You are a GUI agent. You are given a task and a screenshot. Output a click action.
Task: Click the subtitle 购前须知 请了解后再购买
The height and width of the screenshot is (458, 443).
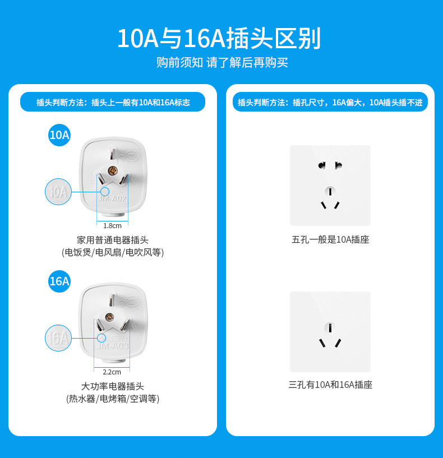[x=222, y=63]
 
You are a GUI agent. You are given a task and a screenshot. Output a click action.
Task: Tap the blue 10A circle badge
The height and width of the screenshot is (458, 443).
[x=59, y=135]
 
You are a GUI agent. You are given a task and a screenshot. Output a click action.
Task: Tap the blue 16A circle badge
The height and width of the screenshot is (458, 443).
[x=59, y=281]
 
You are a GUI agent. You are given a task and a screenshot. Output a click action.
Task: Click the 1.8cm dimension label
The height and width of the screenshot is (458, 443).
[x=112, y=226]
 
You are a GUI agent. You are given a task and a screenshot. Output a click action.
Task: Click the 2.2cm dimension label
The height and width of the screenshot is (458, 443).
[x=112, y=372]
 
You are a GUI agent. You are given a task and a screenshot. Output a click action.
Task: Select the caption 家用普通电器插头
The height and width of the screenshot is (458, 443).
[x=113, y=240]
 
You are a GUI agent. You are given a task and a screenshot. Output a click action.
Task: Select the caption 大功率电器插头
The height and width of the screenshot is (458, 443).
[x=113, y=386]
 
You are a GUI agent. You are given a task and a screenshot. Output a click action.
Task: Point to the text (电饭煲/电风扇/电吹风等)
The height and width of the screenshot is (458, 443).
[x=113, y=253]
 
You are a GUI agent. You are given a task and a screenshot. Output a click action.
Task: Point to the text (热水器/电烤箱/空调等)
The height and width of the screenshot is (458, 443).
[x=113, y=399]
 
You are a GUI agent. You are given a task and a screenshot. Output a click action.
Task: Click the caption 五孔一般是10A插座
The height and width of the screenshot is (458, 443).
[x=330, y=240]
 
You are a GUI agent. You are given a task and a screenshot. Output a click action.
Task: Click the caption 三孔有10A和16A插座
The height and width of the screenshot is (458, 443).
[x=330, y=385]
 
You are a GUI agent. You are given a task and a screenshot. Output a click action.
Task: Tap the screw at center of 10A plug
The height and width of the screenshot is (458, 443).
[x=112, y=170]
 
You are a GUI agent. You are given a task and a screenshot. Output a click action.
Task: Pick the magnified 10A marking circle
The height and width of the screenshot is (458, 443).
[x=58, y=192]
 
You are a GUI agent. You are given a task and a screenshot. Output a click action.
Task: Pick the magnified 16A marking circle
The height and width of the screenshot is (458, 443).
[x=58, y=338]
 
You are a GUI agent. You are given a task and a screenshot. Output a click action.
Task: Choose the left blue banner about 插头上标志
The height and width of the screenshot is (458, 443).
[x=113, y=103]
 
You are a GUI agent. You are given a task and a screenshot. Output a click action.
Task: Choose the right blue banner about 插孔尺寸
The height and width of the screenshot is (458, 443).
[x=330, y=103]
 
